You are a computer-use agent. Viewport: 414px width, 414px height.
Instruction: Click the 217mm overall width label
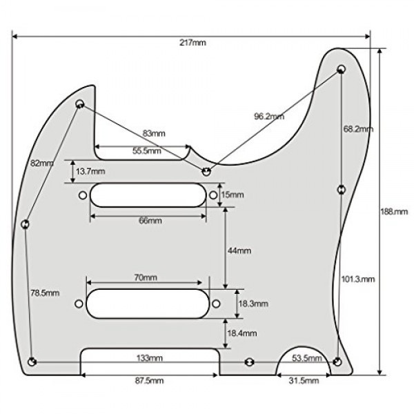click(x=193, y=43)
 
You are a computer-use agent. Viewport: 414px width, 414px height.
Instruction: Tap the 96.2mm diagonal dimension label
click(x=268, y=117)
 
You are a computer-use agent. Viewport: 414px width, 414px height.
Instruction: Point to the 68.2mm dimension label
click(x=358, y=129)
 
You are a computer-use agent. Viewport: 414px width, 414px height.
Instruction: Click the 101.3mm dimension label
click(x=358, y=279)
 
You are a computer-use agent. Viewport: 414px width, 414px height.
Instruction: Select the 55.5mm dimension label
click(x=146, y=150)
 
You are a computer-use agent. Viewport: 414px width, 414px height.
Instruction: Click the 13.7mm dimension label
click(x=91, y=170)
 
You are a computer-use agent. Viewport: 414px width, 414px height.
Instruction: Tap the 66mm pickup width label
click(x=150, y=221)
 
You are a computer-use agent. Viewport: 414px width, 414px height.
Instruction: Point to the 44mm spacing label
click(x=239, y=250)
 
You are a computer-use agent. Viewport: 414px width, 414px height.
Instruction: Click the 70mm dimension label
click(x=146, y=277)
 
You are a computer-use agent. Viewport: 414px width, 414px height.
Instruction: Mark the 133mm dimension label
click(x=150, y=358)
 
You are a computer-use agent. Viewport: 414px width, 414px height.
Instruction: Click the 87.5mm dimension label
click(x=150, y=381)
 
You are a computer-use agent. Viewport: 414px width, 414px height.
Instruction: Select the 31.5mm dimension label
click(x=304, y=381)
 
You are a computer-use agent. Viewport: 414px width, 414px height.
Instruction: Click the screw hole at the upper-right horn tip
click(x=342, y=70)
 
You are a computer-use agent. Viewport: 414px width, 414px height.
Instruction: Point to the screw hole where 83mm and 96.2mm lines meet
click(x=206, y=170)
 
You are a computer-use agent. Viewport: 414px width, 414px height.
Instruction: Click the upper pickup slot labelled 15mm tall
click(x=148, y=195)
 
